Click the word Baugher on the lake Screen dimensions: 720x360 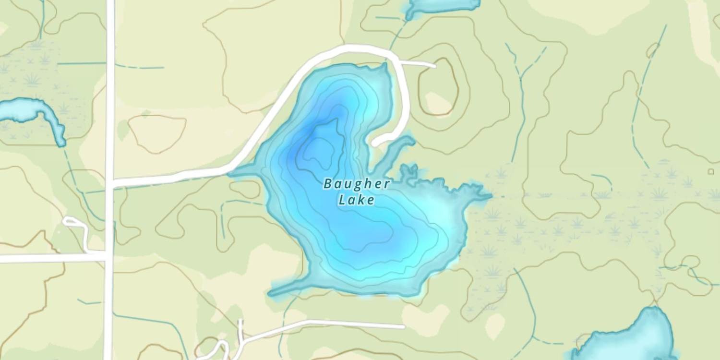(356, 184)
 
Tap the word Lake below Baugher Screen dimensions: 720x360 (356, 200)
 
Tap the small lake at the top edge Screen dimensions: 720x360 (442, 6)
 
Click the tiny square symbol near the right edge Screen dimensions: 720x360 (711, 171)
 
